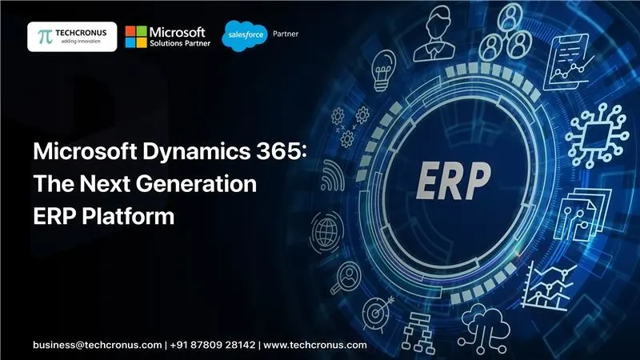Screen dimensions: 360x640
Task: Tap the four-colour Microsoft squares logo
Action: [x=136, y=36]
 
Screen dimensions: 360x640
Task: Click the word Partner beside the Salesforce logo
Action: [x=286, y=34]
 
